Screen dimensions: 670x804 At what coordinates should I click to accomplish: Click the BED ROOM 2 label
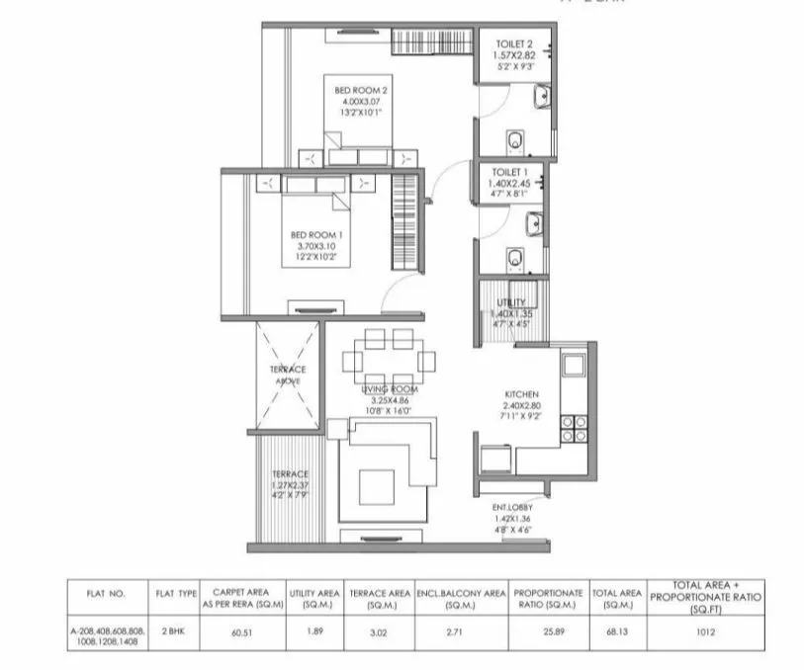pyautogui.click(x=361, y=91)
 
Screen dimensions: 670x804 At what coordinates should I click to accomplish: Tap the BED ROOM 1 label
pyautogui.click(x=315, y=234)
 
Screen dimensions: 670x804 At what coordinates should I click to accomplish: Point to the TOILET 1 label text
pyautogui.click(x=511, y=172)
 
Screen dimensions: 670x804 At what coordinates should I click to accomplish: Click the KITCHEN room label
pyautogui.click(x=520, y=392)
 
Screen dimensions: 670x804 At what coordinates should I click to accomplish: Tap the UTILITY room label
pyautogui.click(x=511, y=302)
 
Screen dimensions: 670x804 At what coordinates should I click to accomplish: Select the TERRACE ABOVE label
pyautogui.click(x=288, y=375)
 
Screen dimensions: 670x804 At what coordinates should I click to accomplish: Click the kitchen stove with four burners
pyautogui.click(x=574, y=428)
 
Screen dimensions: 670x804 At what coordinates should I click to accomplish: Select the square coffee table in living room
pyautogui.click(x=379, y=484)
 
